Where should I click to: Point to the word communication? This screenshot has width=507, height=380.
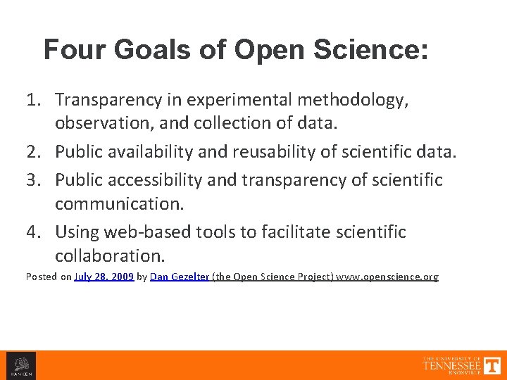tap(119, 203)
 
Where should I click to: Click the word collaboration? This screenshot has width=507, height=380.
tap(109, 254)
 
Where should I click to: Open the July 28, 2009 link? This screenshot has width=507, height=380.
tap(104, 277)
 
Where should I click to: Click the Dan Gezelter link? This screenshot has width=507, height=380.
tap(179, 277)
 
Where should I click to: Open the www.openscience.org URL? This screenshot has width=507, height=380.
tap(387, 277)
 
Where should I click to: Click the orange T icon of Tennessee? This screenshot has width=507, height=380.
tap(492, 365)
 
